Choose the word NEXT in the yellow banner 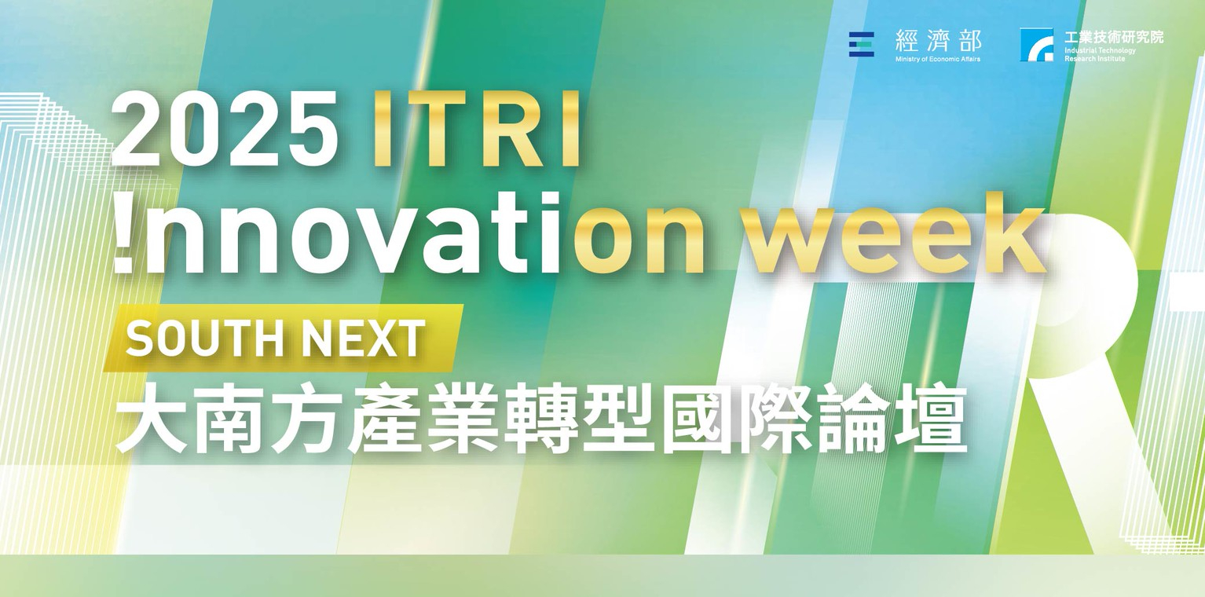pyautogui.click(x=363, y=338)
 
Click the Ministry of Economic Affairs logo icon pyautogui.click(x=861, y=44)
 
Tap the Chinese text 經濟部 pyautogui.click(x=938, y=41)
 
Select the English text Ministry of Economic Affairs pyautogui.click(x=938, y=59)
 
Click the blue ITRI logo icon pyautogui.click(x=1036, y=44)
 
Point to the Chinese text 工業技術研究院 pyautogui.click(x=1114, y=37)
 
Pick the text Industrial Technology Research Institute pyautogui.click(x=1100, y=54)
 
